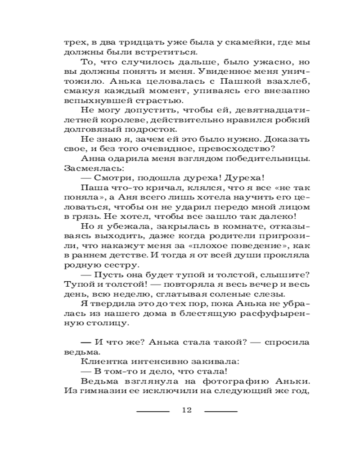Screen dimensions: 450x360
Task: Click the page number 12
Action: tap(186, 410)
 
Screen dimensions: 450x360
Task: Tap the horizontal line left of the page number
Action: tap(153, 411)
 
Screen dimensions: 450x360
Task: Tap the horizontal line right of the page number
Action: tap(220, 411)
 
